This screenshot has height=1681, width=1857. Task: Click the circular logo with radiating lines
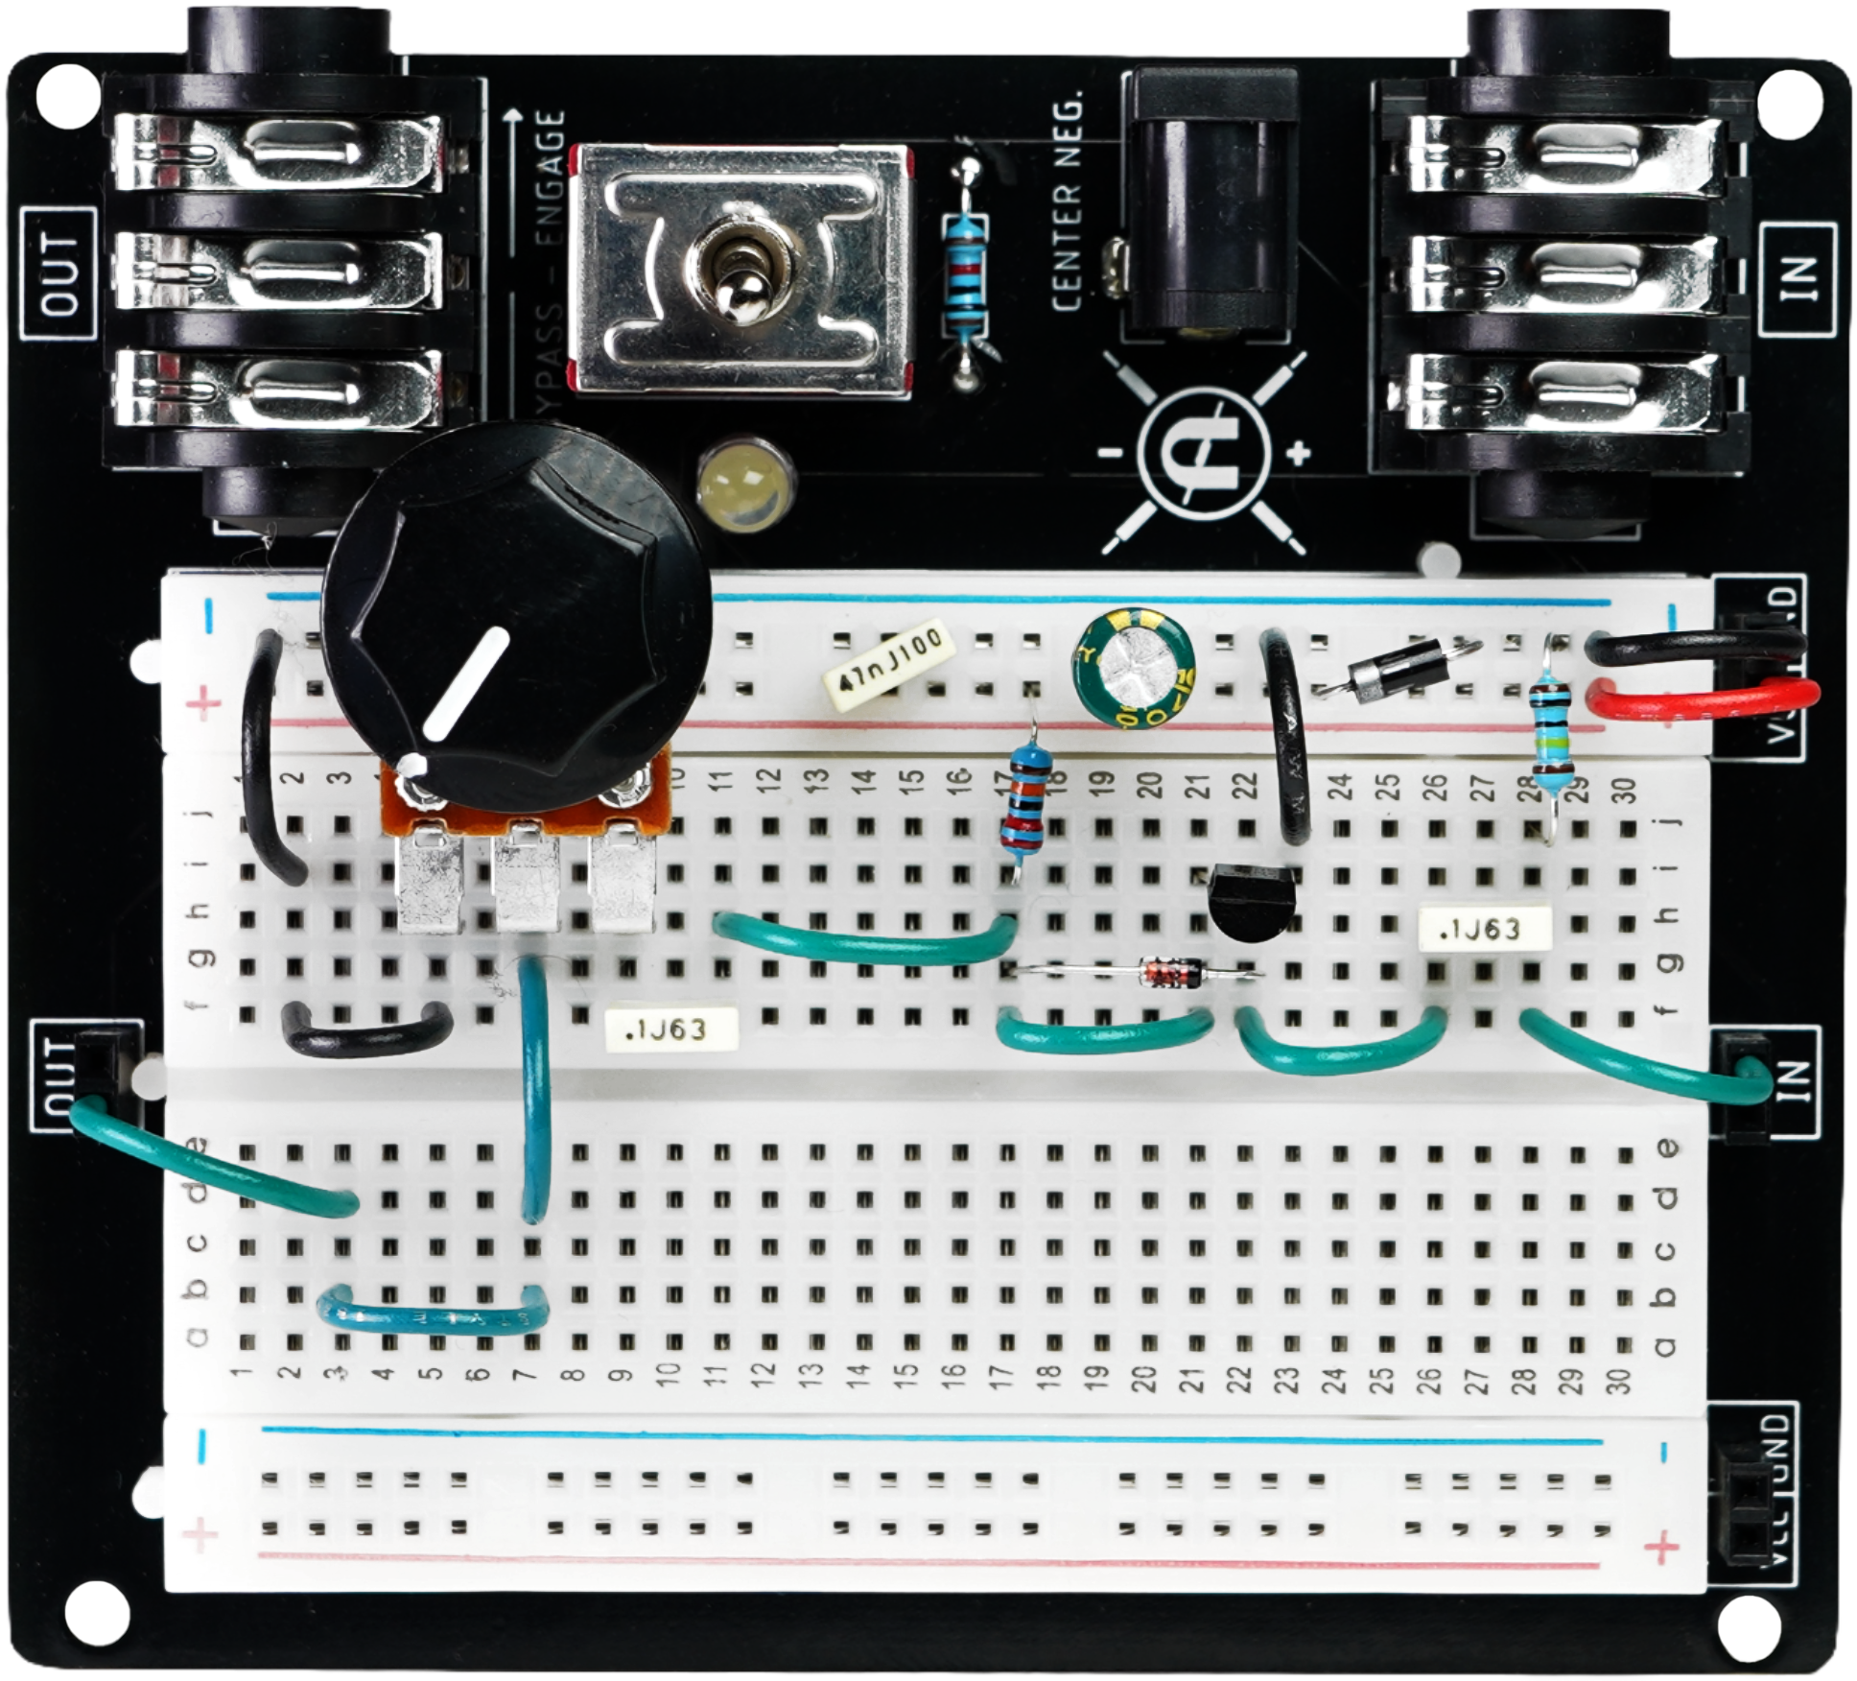1204,451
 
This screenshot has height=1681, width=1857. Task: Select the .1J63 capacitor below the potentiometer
670,1030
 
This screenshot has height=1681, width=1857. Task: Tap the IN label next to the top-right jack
1798,276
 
